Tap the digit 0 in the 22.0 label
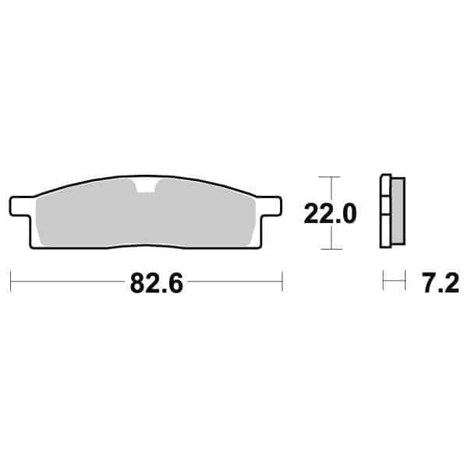pyautogui.click(x=349, y=213)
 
